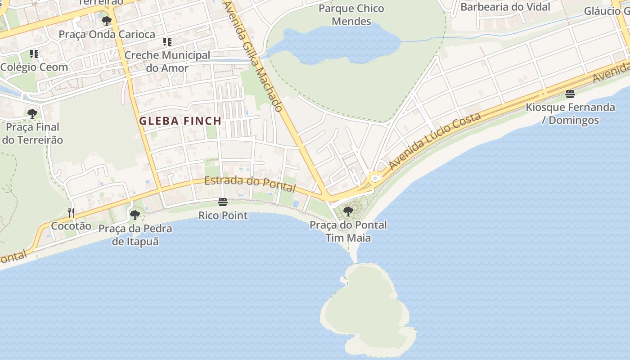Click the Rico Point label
[223, 216]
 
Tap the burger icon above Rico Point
[222, 202]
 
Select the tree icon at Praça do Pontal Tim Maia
[348, 211]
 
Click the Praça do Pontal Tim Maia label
[348, 231]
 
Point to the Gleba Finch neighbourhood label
[180, 121]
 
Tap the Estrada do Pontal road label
[250, 184]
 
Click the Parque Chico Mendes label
[351, 15]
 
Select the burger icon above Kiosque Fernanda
[570, 94]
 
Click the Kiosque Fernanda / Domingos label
[570, 114]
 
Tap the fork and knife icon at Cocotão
[71, 212]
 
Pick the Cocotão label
[71, 226]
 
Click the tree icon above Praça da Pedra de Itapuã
[135, 215]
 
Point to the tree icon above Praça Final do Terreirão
[32, 113]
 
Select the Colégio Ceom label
[34, 67]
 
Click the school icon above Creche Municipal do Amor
[167, 42]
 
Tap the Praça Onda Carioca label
[107, 34]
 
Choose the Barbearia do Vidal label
[505, 7]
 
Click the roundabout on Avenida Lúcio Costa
[375, 178]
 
